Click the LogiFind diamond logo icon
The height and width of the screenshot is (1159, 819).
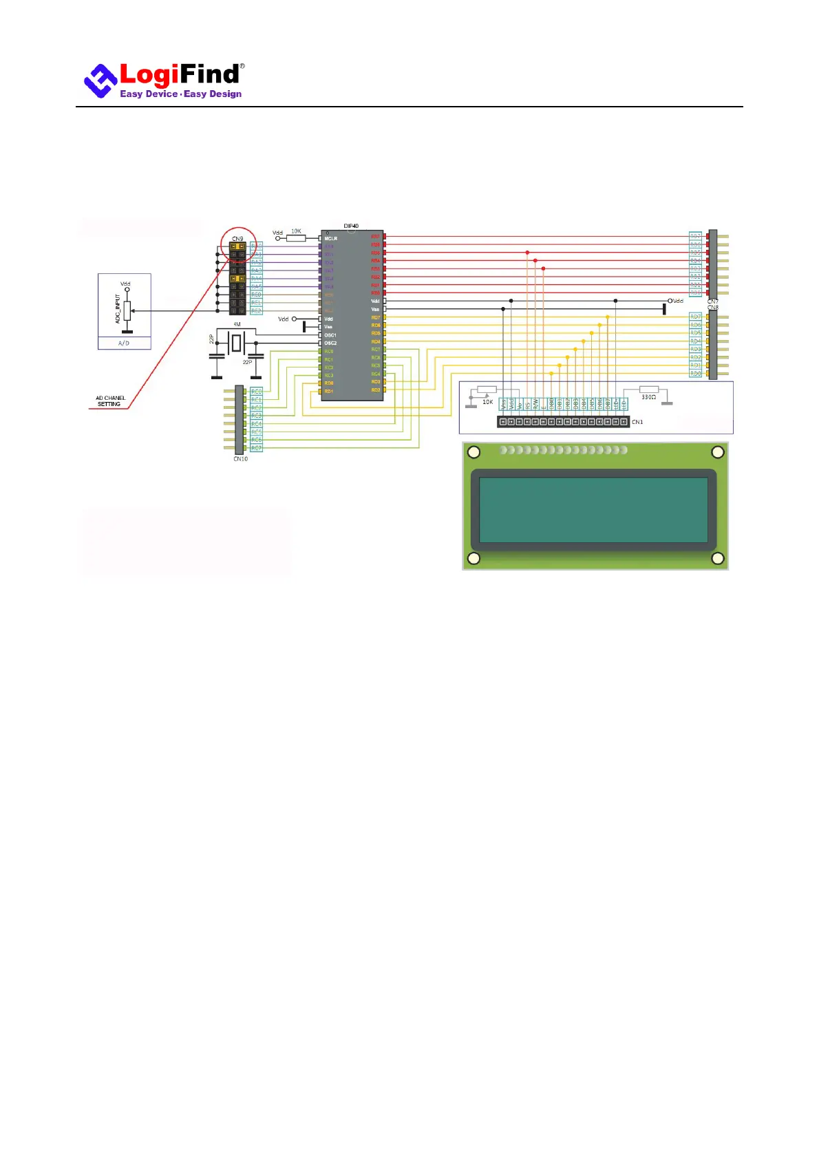click(x=100, y=81)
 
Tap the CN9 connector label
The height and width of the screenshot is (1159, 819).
click(x=237, y=239)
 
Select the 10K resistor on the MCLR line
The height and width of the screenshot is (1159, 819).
click(x=296, y=238)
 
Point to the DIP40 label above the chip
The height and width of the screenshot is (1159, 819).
click(x=351, y=226)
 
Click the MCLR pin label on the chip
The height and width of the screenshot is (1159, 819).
click(x=331, y=239)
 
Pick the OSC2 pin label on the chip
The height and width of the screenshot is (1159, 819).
click(x=331, y=343)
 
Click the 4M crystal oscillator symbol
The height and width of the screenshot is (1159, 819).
click(x=237, y=341)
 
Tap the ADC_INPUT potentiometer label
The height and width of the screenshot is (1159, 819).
click(x=118, y=309)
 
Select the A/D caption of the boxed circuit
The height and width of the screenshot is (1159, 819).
click(x=124, y=343)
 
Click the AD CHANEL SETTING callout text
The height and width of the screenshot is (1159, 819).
click(x=110, y=401)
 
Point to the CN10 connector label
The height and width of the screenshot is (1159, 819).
click(x=240, y=459)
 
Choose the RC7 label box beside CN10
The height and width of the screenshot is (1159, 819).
click(x=256, y=448)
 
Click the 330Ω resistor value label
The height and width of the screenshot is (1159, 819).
click(x=648, y=397)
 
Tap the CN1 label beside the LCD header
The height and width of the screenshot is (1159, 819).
click(x=637, y=422)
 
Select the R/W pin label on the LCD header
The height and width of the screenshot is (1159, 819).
click(x=535, y=404)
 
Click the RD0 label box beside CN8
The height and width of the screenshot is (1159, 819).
click(x=696, y=374)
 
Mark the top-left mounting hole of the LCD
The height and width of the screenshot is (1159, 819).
click(x=474, y=452)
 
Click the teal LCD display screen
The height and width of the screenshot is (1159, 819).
click(x=593, y=510)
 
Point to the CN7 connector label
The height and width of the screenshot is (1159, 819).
click(x=713, y=301)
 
